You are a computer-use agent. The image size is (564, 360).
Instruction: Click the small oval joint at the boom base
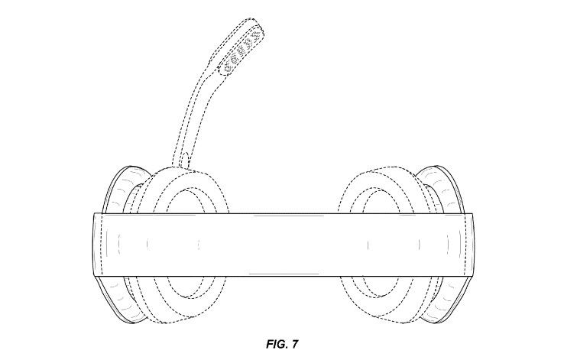[x=186, y=159]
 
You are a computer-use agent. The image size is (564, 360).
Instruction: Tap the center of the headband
[x=282, y=245]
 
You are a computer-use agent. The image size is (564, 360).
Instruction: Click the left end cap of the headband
[x=99, y=245]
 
